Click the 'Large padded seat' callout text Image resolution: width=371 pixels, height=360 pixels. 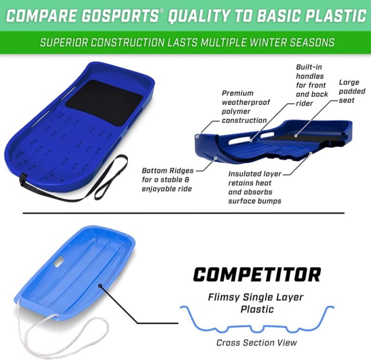tap(348, 91)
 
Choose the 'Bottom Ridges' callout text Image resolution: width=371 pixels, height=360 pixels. tap(167, 180)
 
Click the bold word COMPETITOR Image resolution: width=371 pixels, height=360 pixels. tap(257, 275)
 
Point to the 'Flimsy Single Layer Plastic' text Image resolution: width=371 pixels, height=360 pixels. tap(256, 303)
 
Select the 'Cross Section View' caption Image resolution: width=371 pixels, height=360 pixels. tap(257, 343)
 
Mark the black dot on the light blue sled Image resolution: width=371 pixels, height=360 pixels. tap(100, 286)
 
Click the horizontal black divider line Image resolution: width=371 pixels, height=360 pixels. tap(184, 212)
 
